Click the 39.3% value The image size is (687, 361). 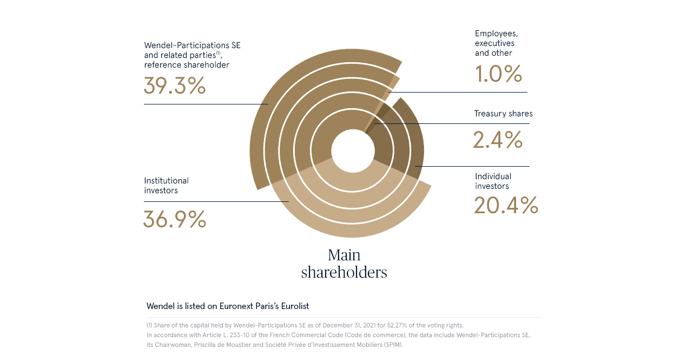click(175, 86)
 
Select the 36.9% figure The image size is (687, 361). click(175, 219)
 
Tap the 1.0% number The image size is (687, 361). click(498, 74)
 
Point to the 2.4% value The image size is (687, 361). click(498, 140)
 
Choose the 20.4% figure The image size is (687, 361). click(506, 206)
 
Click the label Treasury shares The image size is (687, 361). click(503, 114)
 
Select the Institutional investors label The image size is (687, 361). click(166, 186)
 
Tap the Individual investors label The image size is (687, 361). click(493, 181)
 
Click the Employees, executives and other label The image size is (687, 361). click(496, 43)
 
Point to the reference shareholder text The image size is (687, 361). click(187, 65)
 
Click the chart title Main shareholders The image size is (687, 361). click(344, 264)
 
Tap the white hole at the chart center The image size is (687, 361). click(353, 152)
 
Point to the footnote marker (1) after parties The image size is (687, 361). click(218, 53)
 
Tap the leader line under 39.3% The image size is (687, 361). click(206, 104)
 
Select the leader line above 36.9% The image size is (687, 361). click(216, 201)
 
